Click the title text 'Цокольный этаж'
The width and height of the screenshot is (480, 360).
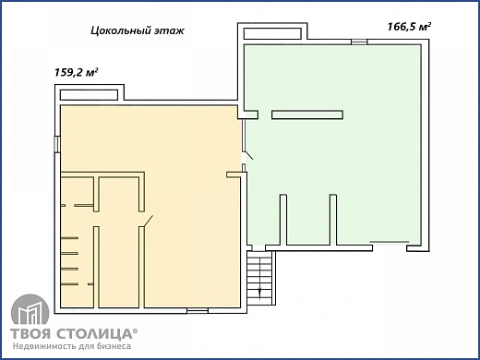[138, 30]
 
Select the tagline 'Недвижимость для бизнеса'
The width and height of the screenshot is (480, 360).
[71, 348]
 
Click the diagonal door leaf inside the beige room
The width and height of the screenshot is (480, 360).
[148, 221]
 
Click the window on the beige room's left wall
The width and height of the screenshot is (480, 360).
[58, 144]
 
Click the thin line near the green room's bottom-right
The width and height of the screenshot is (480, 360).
[390, 241]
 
